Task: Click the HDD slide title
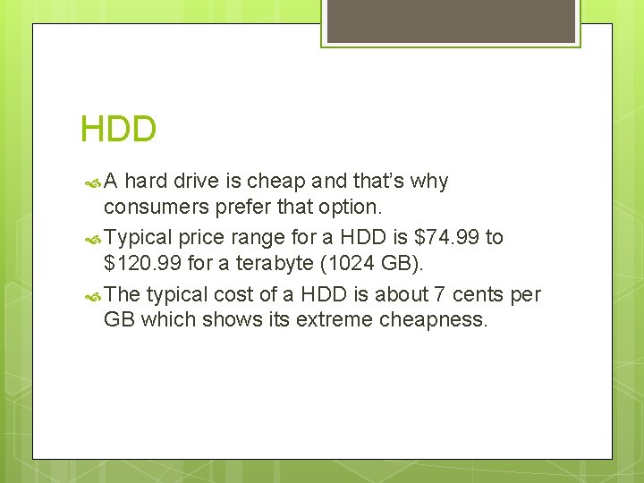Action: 118,130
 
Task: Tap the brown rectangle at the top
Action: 451,20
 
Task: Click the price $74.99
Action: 446,237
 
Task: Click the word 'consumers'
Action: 152,207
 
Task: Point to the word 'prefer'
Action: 236,207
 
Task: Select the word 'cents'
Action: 477,294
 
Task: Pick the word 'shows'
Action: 225,320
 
